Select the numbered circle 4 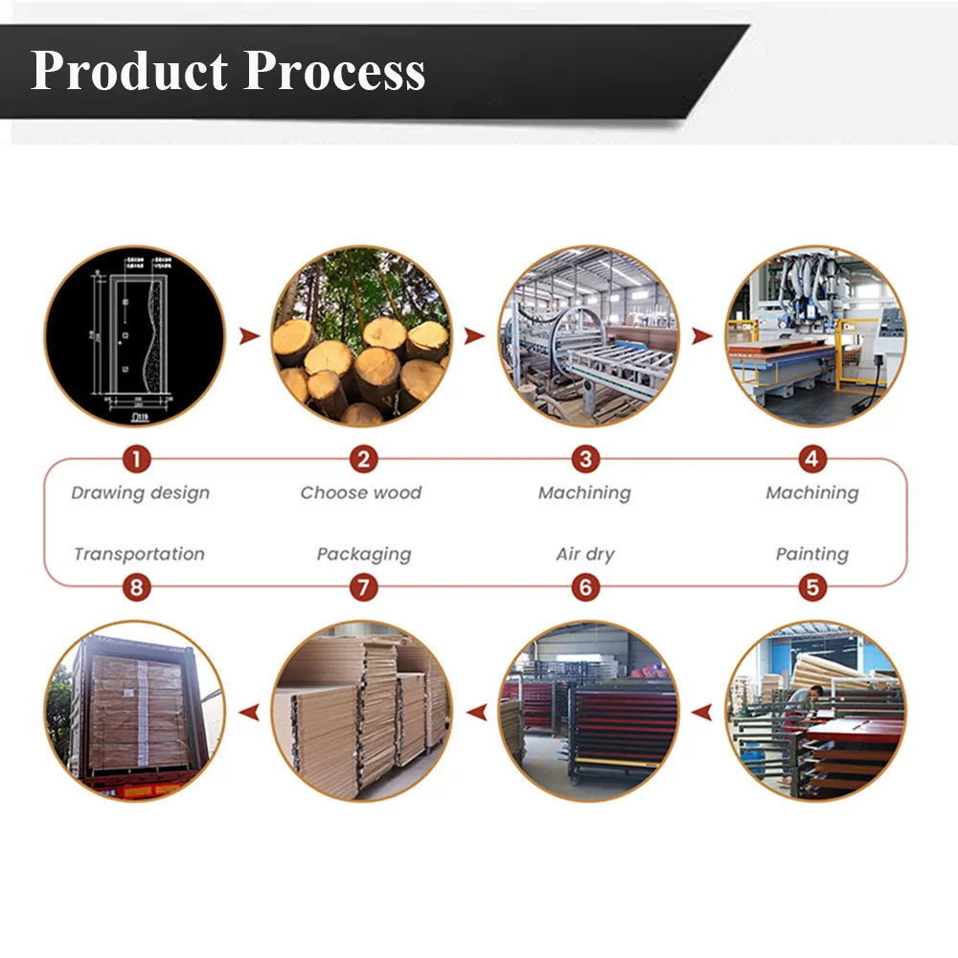pos(812,460)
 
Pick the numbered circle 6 pos(586,586)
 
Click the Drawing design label pos(140,493)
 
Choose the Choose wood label pos(360,493)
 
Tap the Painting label pos(812,554)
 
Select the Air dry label pos(585,554)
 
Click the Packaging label pos(363,554)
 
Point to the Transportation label pos(139,554)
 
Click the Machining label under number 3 pos(584,493)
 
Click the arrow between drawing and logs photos pos(250,336)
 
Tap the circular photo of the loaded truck pos(135,711)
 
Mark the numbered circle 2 pos(362,460)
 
